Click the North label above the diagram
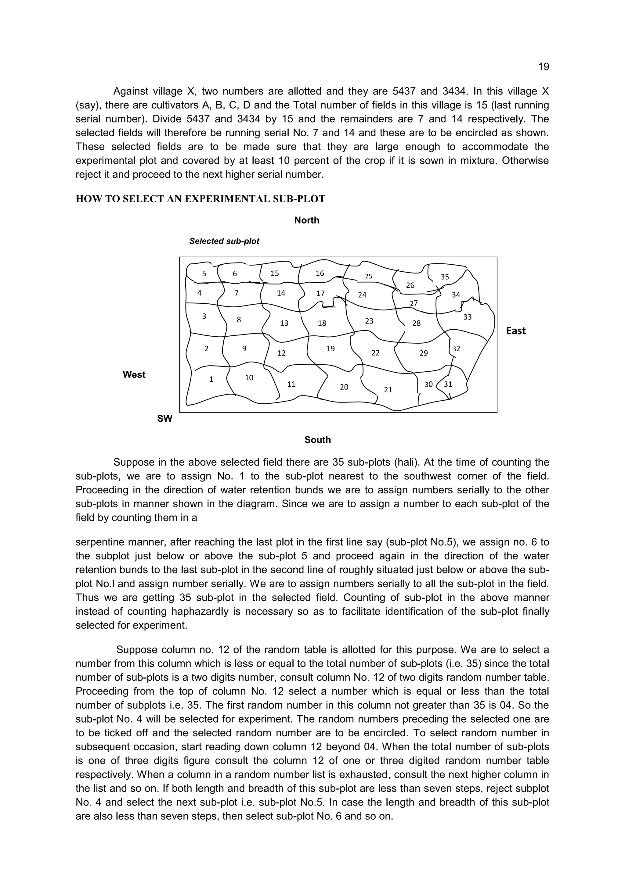pyautogui.click(x=306, y=220)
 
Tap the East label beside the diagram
pyautogui.click(x=515, y=331)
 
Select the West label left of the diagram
pyautogui.click(x=134, y=375)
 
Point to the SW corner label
pyautogui.click(x=165, y=419)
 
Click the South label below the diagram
pyautogui.click(x=317, y=440)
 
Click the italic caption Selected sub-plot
pyautogui.click(x=224, y=241)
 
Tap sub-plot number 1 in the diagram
pyautogui.click(x=211, y=379)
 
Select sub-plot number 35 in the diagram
pyautogui.click(x=445, y=277)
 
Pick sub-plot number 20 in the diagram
pyautogui.click(x=344, y=387)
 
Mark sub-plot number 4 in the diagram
pyautogui.click(x=199, y=293)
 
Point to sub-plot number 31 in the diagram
pyautogui.click(x=448, y=384)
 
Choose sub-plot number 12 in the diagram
pyautogui.click(x=281, y=353)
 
